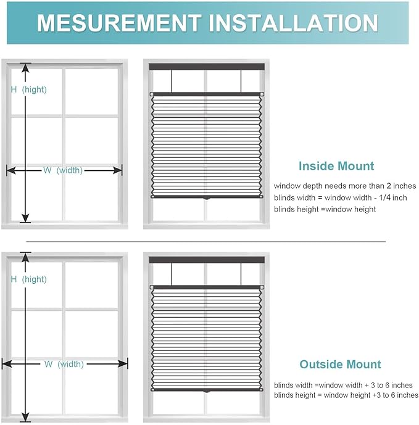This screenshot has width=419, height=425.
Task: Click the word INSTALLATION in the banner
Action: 294,23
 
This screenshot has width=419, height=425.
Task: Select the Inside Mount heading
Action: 336,166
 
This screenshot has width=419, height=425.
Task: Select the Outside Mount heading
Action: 340,364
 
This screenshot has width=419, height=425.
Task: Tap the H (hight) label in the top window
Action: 28,89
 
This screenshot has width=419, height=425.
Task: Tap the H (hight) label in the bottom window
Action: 28,279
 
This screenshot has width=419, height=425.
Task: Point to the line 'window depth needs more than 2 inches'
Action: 345,186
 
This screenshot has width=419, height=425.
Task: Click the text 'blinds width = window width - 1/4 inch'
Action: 341,197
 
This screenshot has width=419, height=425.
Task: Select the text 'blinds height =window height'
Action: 325,209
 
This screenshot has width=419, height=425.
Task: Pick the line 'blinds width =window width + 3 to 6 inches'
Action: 343,385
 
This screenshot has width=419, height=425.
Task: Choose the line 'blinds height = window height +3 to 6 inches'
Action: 346,395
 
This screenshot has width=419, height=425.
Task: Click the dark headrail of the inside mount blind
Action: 207,66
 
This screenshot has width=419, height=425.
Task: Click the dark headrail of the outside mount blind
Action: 207,260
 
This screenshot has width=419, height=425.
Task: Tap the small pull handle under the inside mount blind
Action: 207,199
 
